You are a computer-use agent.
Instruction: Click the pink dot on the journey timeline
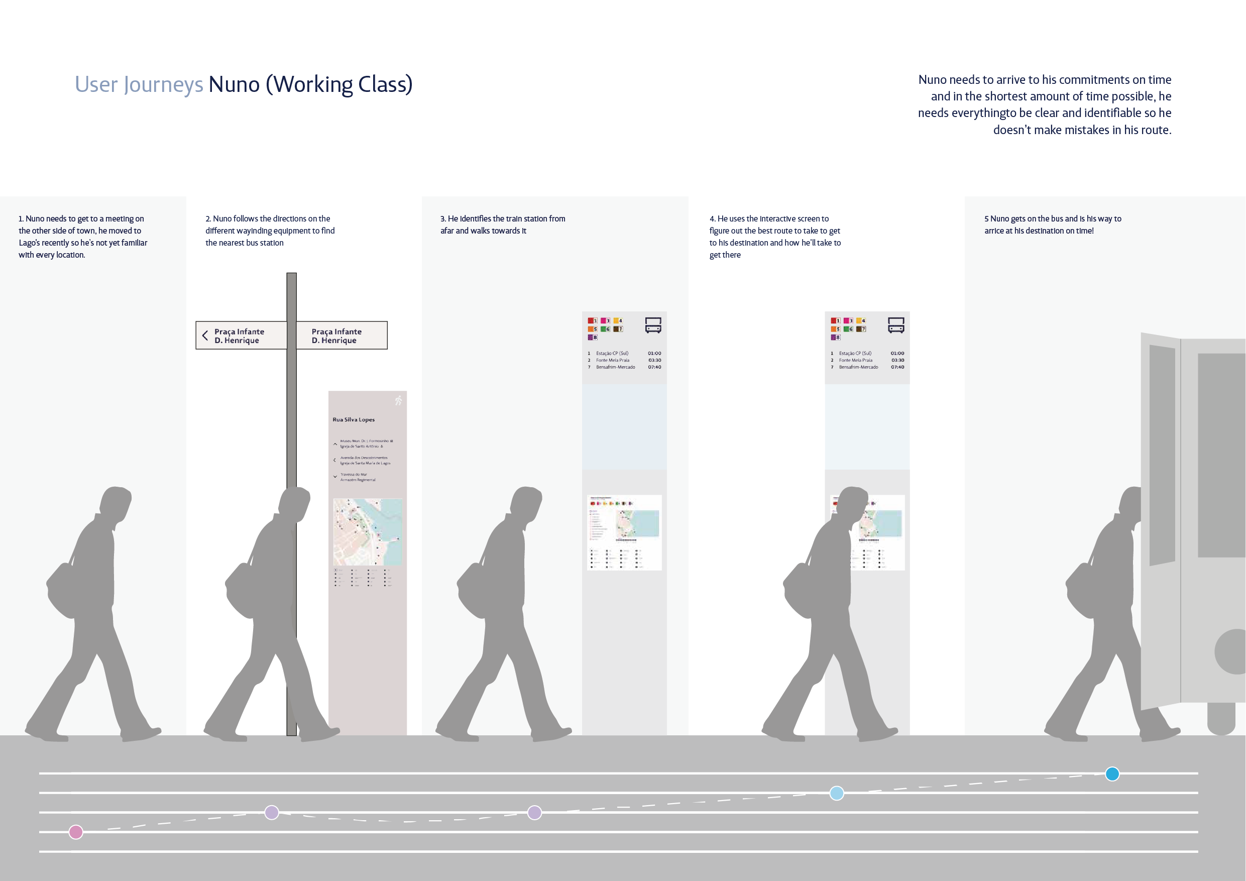tap(76, 832)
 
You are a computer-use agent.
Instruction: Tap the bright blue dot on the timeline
tap(1112, 774)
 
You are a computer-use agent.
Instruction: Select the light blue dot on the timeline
tap(837, 793)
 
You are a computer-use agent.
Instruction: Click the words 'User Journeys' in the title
tap(139, 85)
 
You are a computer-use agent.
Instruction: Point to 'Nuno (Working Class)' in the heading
tap(310, 85)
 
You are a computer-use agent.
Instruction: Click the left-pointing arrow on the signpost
tap(205, 336)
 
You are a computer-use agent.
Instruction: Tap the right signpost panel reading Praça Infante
tap(342, 336)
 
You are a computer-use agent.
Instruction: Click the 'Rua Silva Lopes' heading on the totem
tap(353, 419)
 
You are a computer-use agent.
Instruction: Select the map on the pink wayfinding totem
tap(368, 532)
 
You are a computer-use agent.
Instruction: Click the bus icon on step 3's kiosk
tap(653, 325)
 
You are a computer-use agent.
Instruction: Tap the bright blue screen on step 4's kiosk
tap(867, 426)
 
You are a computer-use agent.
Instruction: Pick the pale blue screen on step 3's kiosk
tap(624, 426)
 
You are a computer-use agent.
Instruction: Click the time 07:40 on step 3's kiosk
tap(654, 367)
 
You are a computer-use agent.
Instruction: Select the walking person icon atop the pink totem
tap(399, 401)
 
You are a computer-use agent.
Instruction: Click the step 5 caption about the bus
tap(1052, 225)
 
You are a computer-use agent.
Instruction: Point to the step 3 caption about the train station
tap(503, 225)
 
